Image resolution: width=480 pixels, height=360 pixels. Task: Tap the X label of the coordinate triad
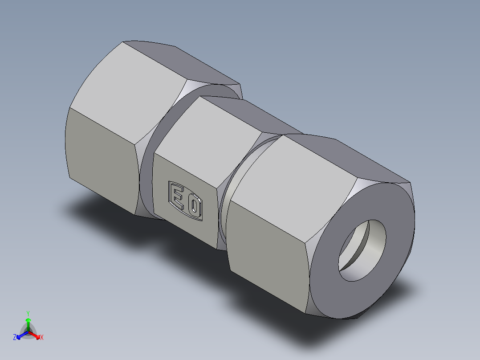[42, 338]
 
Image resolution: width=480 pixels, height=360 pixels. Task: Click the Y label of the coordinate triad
[28, 313]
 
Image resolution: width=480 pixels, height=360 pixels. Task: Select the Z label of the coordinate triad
[15, 338]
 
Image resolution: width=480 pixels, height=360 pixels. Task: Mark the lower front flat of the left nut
[100, 156]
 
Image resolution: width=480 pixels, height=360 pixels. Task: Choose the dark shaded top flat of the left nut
[187, 62]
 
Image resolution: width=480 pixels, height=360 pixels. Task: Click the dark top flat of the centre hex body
[249, 114]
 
